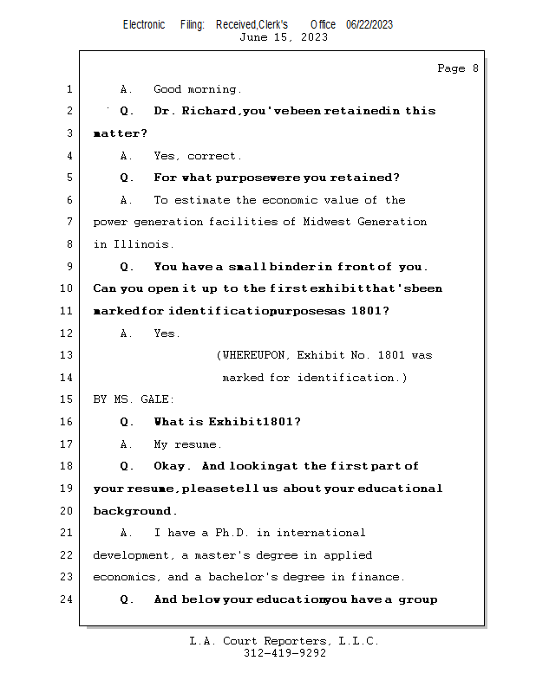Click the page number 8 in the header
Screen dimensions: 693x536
[474, 68]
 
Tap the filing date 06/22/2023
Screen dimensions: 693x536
[369, 25]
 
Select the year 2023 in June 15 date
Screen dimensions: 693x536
[313, 37]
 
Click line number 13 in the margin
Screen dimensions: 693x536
[69, 355]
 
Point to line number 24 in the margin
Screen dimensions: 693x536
[69, 599]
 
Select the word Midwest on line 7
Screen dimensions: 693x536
[323, 222]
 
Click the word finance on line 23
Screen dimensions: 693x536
[377, 577]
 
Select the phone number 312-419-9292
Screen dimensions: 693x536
[284, 654]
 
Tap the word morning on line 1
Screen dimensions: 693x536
[214, 89]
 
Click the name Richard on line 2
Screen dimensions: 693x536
[208, 111]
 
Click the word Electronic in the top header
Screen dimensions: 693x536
[144, 25]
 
